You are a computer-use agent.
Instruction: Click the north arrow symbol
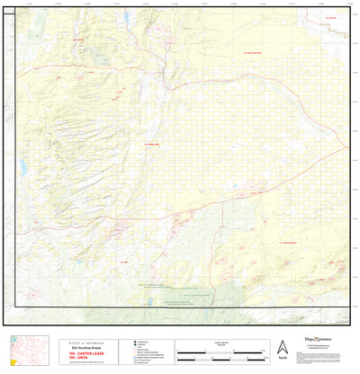coord(282,348)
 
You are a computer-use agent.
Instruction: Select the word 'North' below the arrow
coord(282,359)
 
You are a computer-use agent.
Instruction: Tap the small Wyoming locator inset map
coord(23,352)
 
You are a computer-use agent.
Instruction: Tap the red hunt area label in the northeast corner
coord(330,18)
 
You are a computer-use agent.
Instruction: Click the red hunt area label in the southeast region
coord(287,242)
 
